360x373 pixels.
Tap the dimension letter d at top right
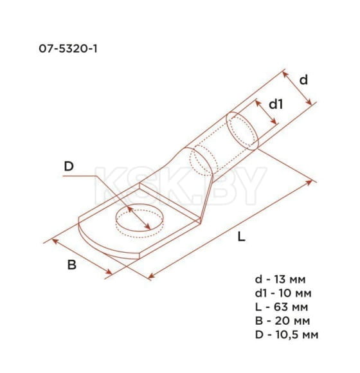pos(303,80)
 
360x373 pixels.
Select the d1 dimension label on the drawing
pos(275,104)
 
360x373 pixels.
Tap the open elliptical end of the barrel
pos(244,131)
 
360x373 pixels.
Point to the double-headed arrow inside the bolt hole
pos(139,218)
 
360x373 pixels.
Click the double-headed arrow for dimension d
pos(298,88)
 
